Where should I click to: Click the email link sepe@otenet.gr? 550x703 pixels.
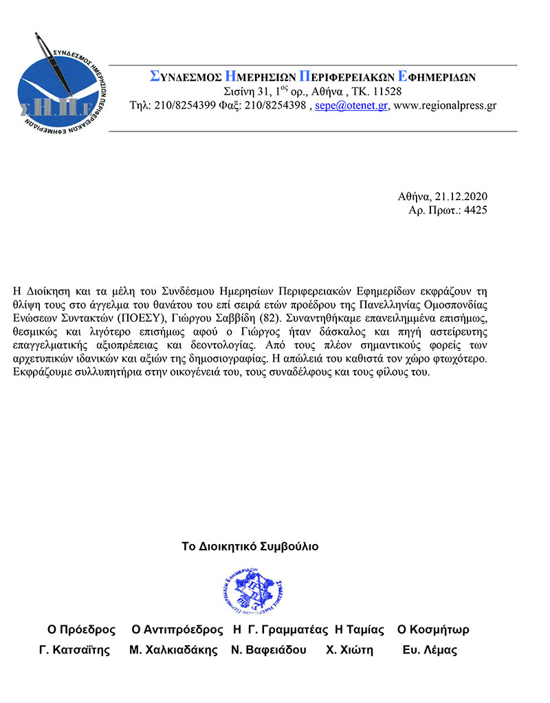point(351,106)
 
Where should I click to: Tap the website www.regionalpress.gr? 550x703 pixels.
point(445,106)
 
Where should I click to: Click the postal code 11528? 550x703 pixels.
point(387,91)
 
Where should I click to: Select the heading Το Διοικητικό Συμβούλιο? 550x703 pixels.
point(250,547)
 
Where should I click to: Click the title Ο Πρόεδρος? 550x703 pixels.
point(80,630)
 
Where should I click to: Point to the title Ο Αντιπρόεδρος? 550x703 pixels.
point(177,630)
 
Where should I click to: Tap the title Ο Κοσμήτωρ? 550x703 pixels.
point(433,630)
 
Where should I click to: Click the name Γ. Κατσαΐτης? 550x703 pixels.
point(74,651)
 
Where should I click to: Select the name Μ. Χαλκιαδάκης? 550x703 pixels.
point(173,651)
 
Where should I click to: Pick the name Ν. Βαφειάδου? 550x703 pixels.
point(269,651)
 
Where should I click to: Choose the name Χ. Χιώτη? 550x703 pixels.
point(349,651)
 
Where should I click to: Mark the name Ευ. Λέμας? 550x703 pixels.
point(430,651)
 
